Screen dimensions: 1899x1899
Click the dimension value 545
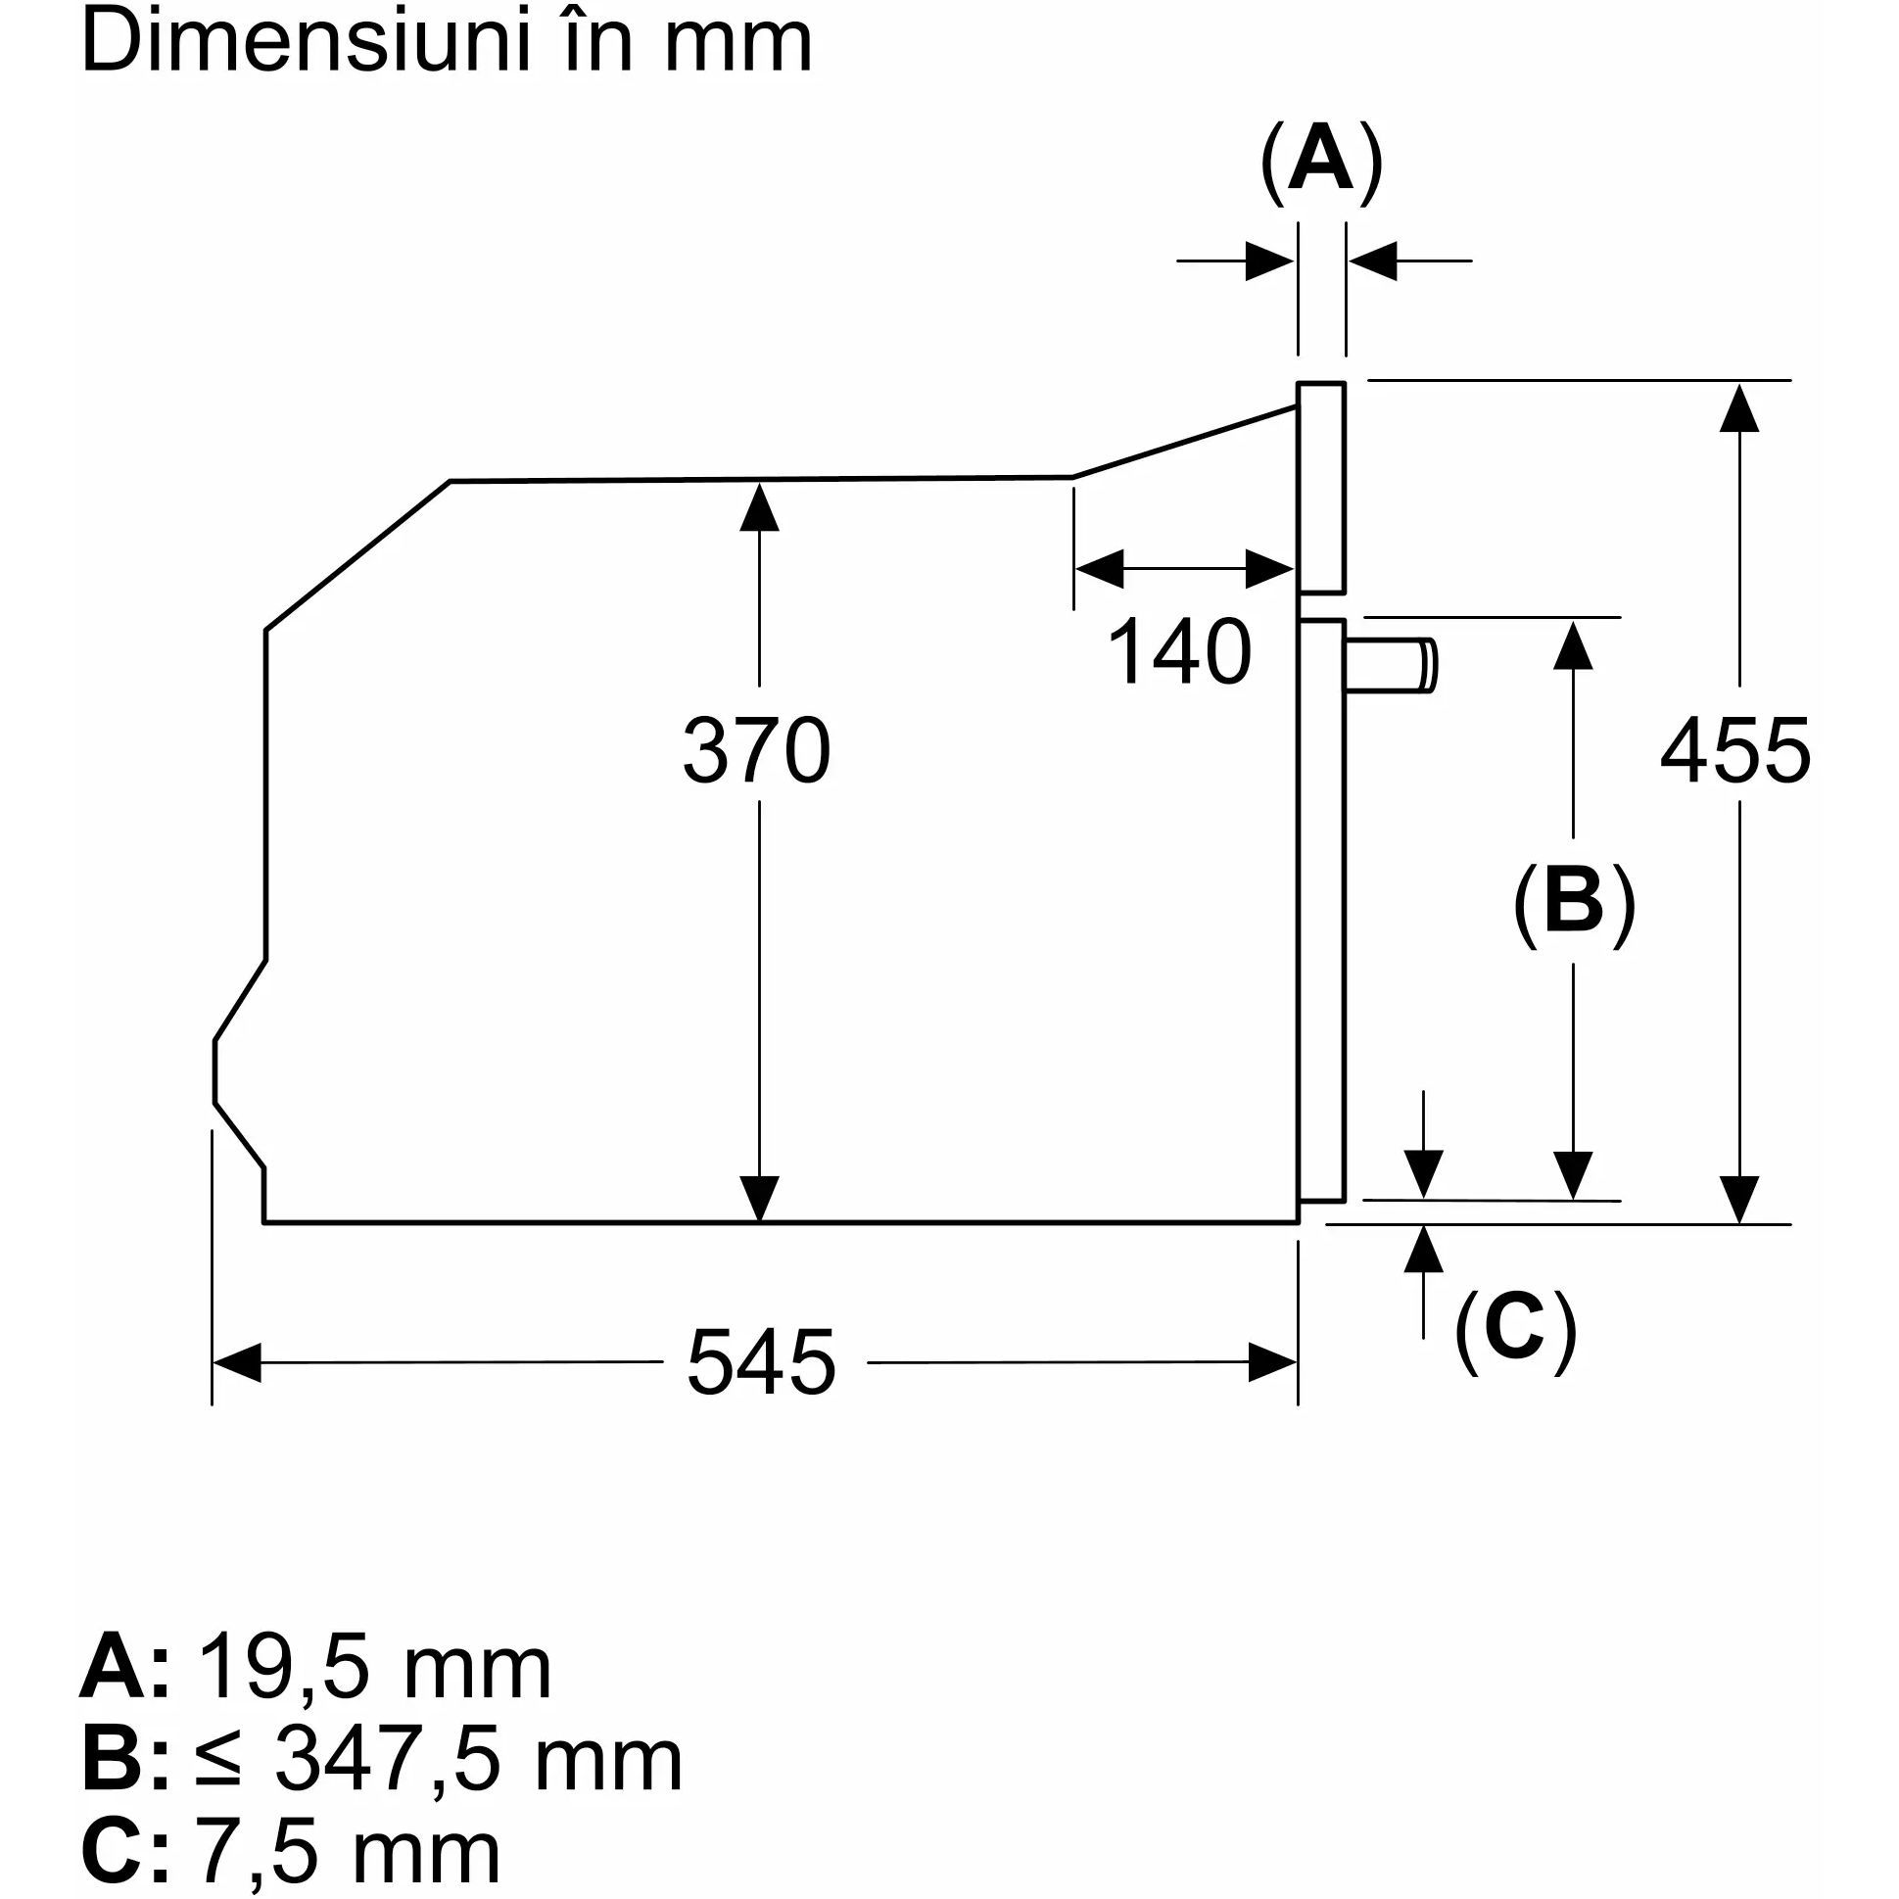(x=761, y=1362)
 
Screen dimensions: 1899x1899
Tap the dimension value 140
(x=1178, y=651)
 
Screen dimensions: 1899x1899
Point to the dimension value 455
(x=1734, y=751)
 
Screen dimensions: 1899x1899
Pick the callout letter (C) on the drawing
(x=1515, y=1328)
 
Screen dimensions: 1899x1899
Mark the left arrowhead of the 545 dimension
(x=236, y=1362)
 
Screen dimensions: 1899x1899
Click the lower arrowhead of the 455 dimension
(x=1738, y=1199)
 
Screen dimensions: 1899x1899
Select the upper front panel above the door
(x=1321, y=488)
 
